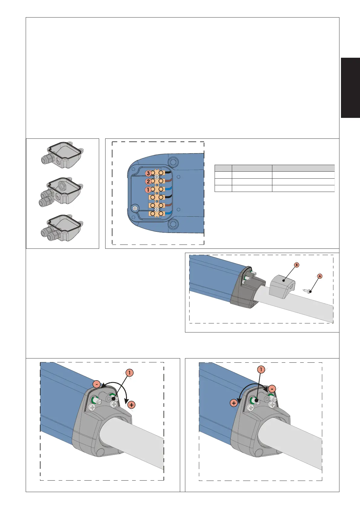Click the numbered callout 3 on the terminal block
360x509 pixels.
148,173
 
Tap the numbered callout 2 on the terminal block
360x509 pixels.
148,182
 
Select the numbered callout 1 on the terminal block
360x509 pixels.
148,190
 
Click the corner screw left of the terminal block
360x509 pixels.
135,208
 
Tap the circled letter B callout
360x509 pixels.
296,265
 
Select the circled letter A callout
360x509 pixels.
320,276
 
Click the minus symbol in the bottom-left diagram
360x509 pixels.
96,384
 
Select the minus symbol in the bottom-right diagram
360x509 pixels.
272,389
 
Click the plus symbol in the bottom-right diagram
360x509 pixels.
234,403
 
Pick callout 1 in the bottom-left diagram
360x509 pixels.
130,373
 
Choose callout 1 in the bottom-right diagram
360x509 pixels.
261,369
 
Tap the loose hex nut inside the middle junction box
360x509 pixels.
62,183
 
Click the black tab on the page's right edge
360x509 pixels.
350,88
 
